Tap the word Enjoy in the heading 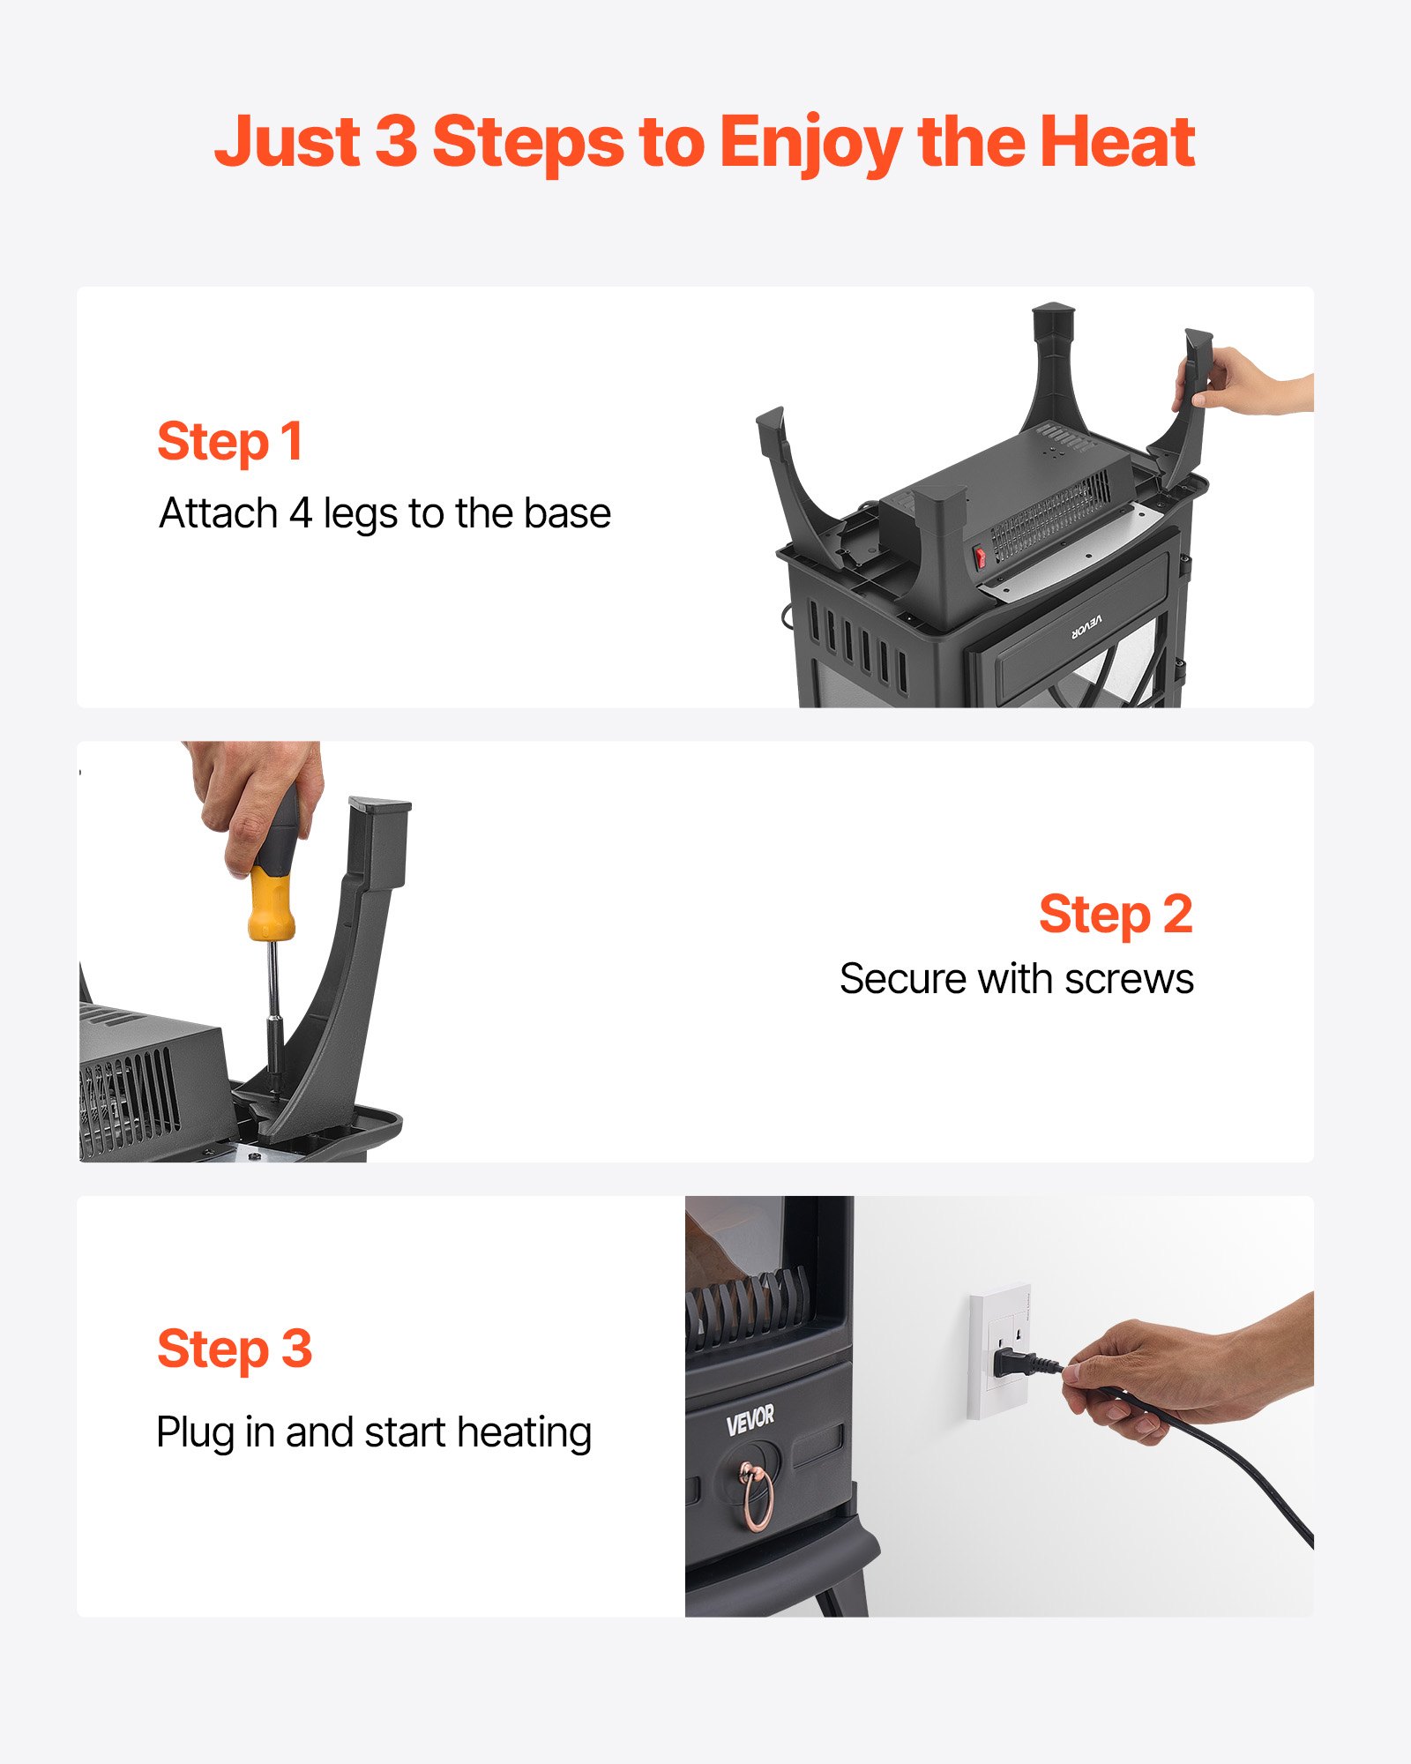click(x=810, y=143)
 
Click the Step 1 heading click(x=230, y=441)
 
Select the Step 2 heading click(x=1115, y=914)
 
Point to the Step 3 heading click(x=235, y=1349)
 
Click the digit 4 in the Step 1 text click(x=301, y=513)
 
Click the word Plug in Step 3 click(x=195, y=1433)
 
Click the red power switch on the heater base click(x=980, y=557)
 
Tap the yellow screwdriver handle click(x=270, y=904)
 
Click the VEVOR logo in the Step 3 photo click(x=750, y=1419)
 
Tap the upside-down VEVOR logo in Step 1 click(x=1086, y=626)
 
